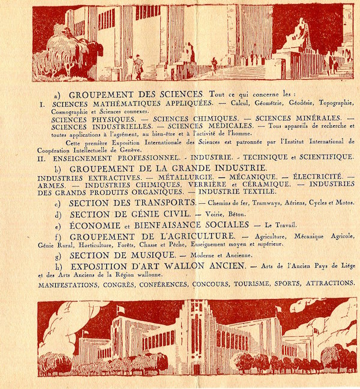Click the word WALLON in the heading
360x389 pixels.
[189, 266]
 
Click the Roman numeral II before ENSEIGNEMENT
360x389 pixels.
[42, 157]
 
